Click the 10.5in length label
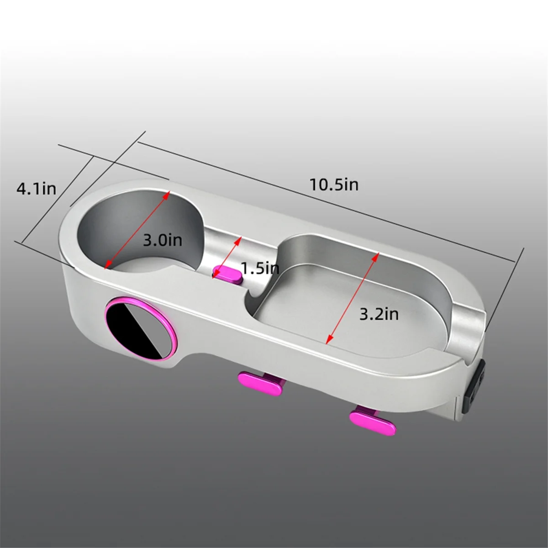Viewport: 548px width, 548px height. coord(334,184)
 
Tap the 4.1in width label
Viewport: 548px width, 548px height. coord(36,188)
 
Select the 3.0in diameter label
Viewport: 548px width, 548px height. coord(163,240)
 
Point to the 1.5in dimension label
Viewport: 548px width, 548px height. coord(260,268)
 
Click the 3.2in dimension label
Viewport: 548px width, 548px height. coord(379,314)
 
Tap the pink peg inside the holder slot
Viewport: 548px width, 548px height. coord(227,274)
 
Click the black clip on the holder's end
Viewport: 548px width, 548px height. coord(475,380)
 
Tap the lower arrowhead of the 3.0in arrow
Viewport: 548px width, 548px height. coord(108,266)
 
